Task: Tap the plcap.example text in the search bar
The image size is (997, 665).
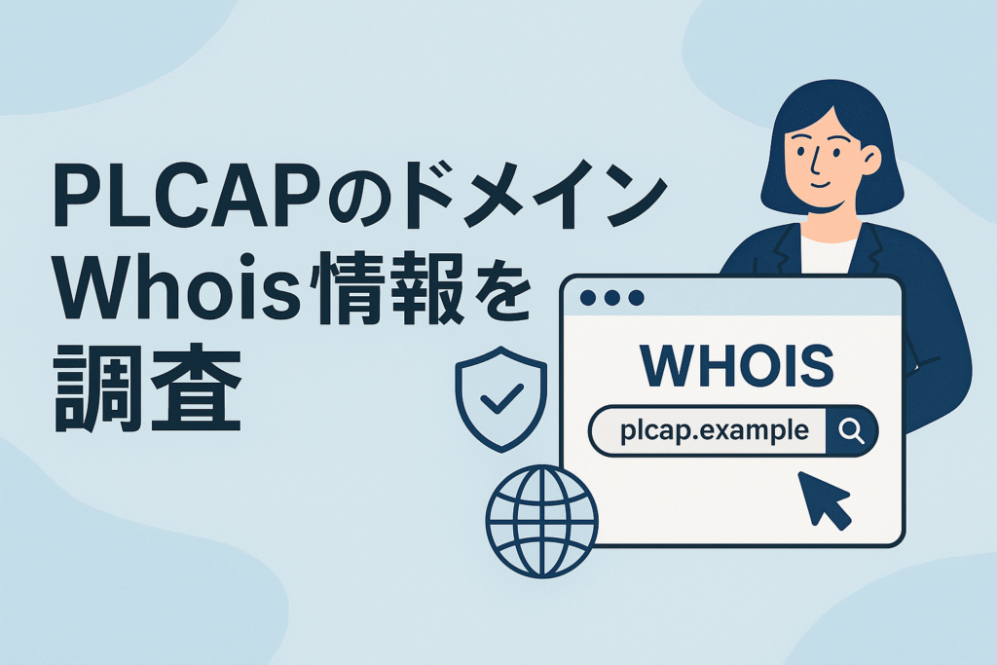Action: coord(714,429)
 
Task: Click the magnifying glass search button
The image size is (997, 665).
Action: coord(851,430)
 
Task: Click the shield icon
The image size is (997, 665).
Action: coord(502,398)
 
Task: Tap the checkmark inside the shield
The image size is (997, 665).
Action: coord(503,396)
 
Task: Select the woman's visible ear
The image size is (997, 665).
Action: coord(869,160)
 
